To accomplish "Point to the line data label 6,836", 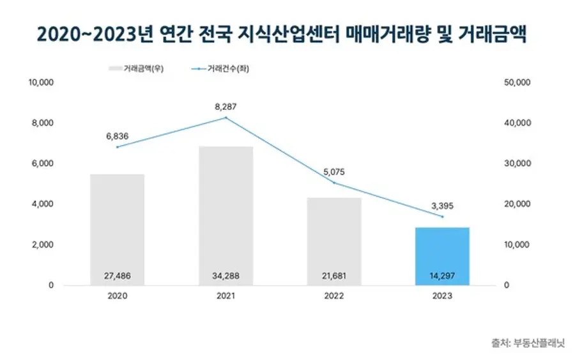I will click(x=117, y=136).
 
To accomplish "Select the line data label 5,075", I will click(x=334, y=171).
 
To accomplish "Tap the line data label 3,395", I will click(x=443, y=206).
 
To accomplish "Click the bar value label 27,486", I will click(x=117, y=276).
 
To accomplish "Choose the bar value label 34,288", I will click(x=226, y=276).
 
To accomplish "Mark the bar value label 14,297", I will click(x=443, y=276).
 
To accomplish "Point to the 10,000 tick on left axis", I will click(x=42, y=82).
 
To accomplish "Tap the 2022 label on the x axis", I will click(x=334, y=297).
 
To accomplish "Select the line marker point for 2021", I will click(x=226, y=118).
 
